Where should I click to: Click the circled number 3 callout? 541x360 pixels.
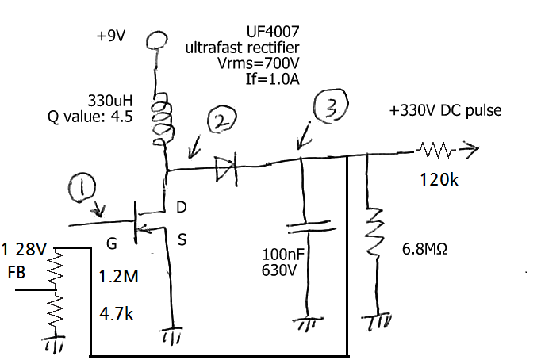coord(331,107)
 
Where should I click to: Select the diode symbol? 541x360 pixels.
coord(226,167)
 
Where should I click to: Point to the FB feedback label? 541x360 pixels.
coord(16,274)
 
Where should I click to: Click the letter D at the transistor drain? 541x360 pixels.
coord(181,208)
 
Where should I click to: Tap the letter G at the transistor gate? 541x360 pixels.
coord(112,243)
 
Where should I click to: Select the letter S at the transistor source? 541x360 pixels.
coord(182,241)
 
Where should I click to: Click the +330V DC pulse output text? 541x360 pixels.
coord(445,110)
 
